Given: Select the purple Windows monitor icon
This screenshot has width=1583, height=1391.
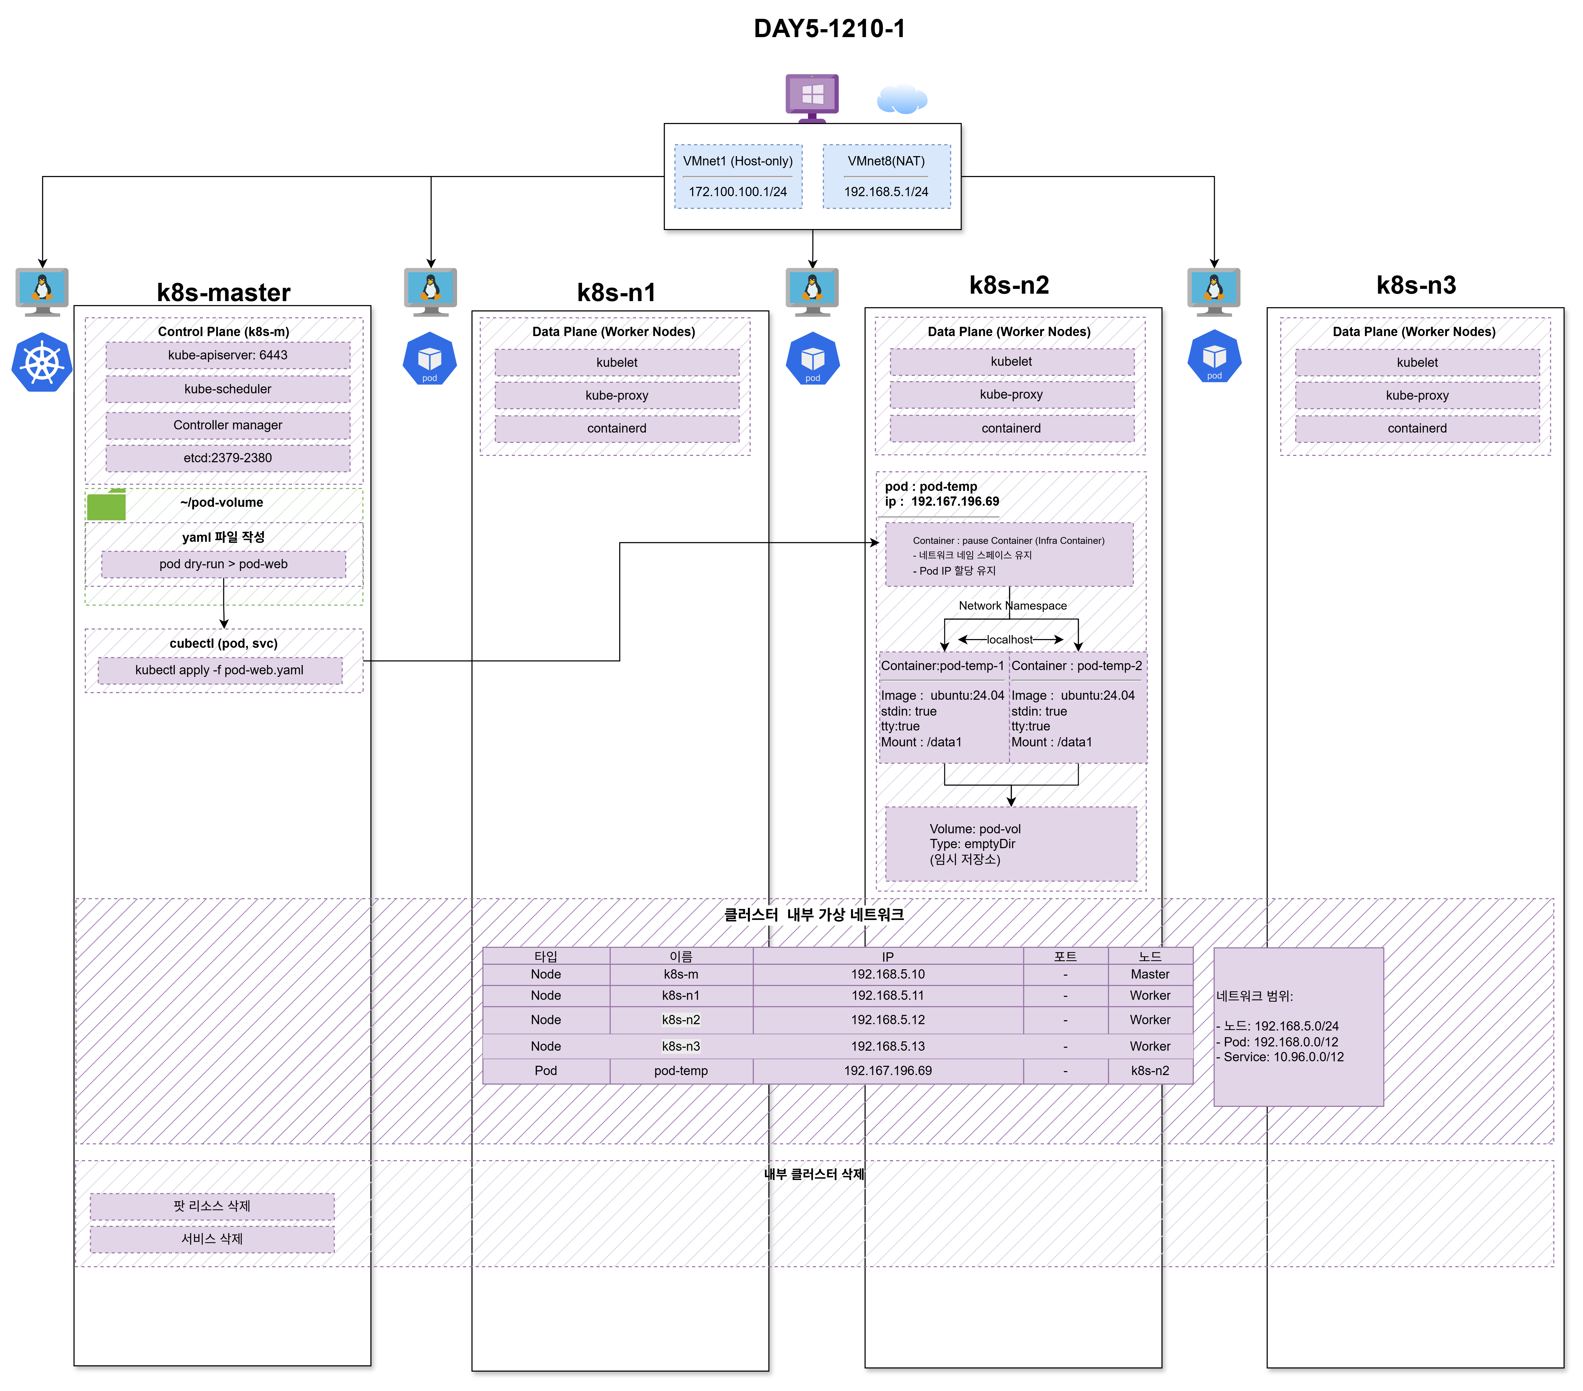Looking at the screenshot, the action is click(812, 98).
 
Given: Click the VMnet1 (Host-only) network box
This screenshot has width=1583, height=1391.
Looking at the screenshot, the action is click(738, 177).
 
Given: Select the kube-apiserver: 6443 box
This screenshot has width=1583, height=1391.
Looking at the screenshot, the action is click(228, 355).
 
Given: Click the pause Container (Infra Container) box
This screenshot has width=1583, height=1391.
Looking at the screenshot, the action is click(1009, 554).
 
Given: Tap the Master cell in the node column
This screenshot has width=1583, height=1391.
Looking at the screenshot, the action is click(1150, 974).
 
